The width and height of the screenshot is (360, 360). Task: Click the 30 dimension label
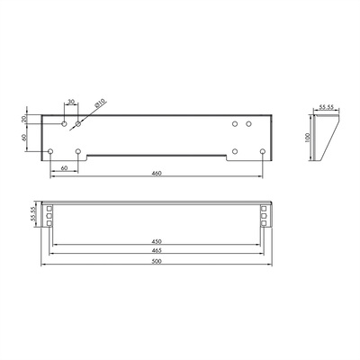pos(71,102)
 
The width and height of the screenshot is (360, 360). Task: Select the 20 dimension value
pos(24,119)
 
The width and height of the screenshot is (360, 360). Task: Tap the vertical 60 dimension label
pos(24,138)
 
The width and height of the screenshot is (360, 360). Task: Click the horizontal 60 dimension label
pos(64,168)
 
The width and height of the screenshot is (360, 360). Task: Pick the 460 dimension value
pos(157,173)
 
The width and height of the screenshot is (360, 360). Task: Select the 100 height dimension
pos(307,138)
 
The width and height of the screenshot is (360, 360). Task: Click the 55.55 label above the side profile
pos(326,106)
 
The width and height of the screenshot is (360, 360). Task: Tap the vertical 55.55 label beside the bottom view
pos(33,214)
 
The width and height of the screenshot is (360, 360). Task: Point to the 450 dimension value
pos(157,241)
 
